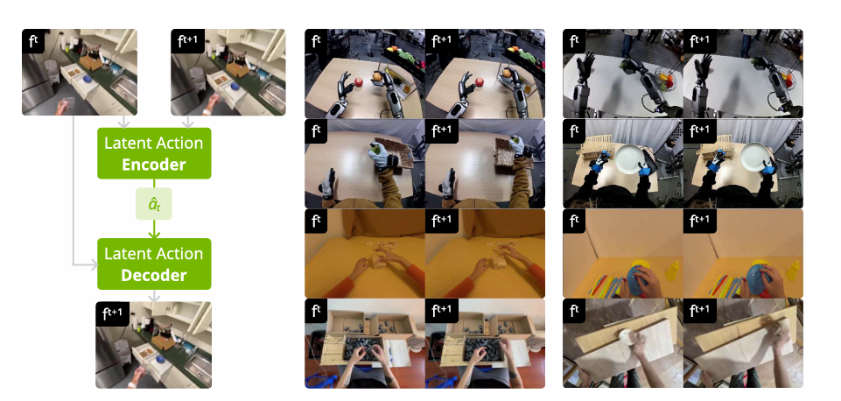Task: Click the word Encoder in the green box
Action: (x=154, y=165)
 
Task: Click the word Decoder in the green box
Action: (x=154, y=276)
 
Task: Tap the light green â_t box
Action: (x=154, y=204)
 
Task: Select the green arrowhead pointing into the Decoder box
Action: (x=154, y=234)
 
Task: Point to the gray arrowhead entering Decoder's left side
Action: (x=95, y=264)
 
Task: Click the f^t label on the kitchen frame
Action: (x=33, y=41)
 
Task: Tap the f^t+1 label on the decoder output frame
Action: (x=113, y=314)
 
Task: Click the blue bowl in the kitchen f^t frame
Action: (x=87, y=80)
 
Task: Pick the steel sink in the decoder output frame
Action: (x=196, y=364)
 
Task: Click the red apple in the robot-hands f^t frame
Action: (x=359, y=82)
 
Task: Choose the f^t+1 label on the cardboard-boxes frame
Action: (x=442, y=310)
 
